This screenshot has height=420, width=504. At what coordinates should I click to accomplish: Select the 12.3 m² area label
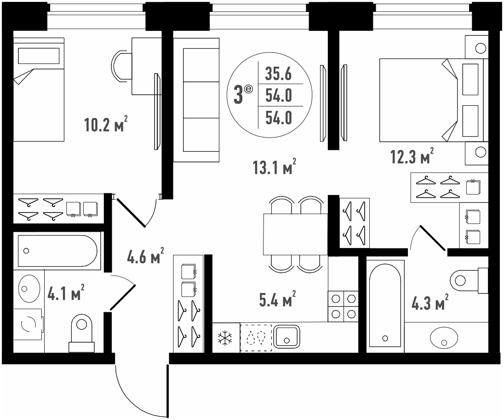click(x=412, y=156)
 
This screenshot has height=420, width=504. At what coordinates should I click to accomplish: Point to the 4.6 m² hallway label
click(x=146, y=256)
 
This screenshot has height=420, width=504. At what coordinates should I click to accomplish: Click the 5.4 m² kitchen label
click(x=277, y=299)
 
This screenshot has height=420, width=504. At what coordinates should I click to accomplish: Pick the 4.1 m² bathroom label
click(x=66, y=292)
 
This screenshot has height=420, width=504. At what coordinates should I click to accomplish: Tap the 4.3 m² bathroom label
click(x=430, y=302)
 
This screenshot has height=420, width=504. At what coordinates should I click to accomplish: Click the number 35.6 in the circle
click(x=278, y=74)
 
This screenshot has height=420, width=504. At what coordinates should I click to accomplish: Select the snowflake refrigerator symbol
click(x=226, y=338)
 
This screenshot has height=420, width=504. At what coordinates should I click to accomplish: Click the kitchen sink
click(x=286, y=336)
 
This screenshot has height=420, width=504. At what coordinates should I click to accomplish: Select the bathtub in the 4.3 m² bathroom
click(x=385, y=306)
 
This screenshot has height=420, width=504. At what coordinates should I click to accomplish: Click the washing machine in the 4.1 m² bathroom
click(x=29, y=325)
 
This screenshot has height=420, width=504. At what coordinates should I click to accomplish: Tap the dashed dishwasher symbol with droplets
click(x=256, y=338)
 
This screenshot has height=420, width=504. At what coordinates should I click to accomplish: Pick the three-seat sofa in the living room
click(x=196, y=100)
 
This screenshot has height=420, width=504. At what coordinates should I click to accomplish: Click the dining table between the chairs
click(x=295, y=234)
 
